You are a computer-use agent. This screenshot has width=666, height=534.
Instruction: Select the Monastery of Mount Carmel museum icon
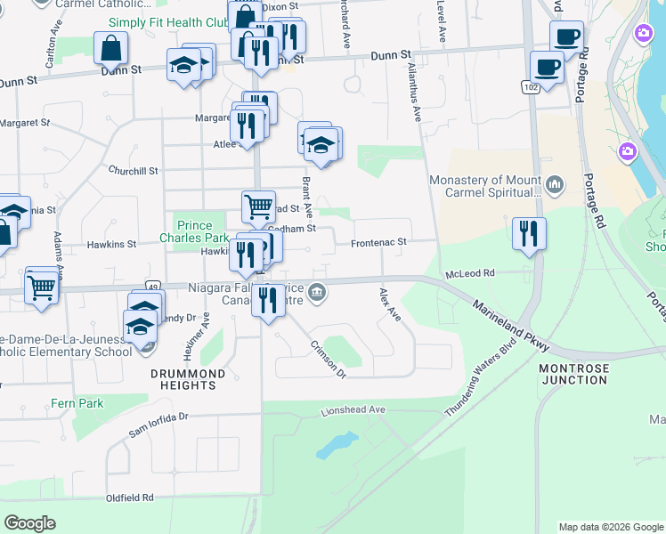[x=556, y=185]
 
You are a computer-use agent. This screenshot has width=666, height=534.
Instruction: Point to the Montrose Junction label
[x=574, y=374]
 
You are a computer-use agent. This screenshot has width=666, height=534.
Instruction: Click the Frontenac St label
[x=378, y=242]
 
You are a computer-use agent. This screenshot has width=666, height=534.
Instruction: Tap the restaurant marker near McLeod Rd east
[x=530, y=233]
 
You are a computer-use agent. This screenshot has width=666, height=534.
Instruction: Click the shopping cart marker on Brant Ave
[x=258, y=206]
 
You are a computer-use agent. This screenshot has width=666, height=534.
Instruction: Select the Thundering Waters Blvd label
[x=481, y=381]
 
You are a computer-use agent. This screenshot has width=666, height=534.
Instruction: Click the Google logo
[x=30, y=523]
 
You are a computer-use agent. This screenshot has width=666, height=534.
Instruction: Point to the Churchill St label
[x=133, y=170]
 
